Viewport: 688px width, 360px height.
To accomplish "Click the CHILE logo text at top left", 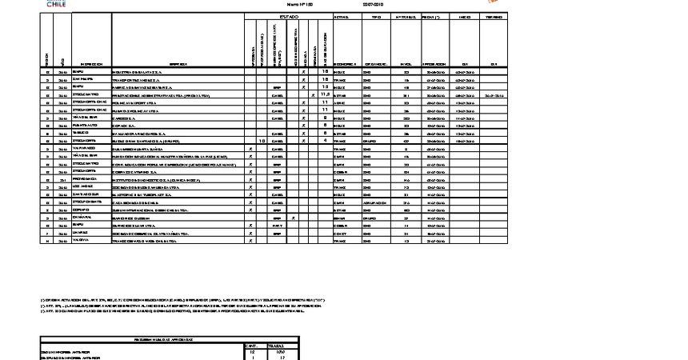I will coord(56,4).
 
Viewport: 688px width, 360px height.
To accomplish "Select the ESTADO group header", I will coord(288,17).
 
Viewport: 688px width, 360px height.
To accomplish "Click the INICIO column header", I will coord(464,17).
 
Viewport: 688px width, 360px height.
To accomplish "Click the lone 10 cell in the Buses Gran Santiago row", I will coord(262,141).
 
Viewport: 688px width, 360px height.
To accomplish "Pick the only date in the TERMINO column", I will coord(494,94).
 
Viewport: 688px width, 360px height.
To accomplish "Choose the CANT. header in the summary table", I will coord(250,346).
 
